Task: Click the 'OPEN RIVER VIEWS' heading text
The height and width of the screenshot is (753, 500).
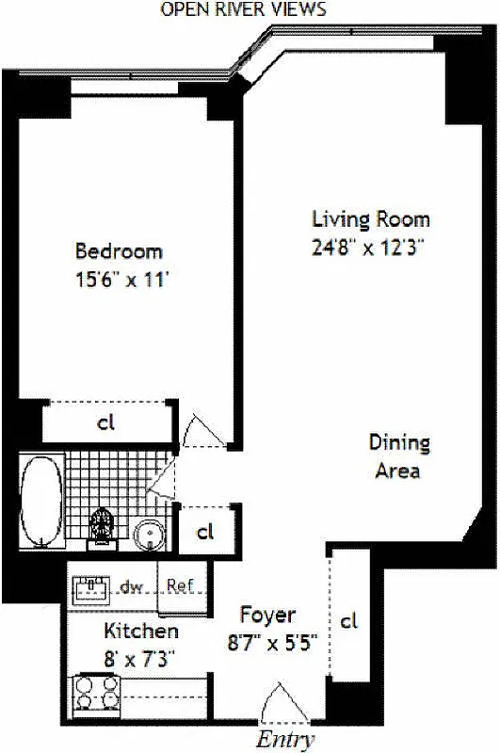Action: pos(244,9)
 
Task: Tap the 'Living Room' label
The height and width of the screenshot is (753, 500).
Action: pos(371,219)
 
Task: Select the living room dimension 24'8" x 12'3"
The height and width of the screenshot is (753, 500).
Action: pos(371,248)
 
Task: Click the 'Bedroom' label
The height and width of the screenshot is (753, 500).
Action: pos(119,251)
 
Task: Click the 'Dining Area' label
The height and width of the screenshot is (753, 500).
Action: pos(399,456)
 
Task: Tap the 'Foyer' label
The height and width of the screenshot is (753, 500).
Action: pos(267,616)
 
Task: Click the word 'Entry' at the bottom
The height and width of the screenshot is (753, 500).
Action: pos(284,740)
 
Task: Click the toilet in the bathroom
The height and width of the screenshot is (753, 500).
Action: pos(101,527)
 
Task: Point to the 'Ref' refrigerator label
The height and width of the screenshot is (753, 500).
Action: pos(179,585)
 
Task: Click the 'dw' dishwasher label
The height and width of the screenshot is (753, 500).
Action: pos(131,587)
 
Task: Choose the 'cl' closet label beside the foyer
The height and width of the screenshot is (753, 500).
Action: pos(349,620)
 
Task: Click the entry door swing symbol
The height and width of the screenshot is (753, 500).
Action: pos(280,704)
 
